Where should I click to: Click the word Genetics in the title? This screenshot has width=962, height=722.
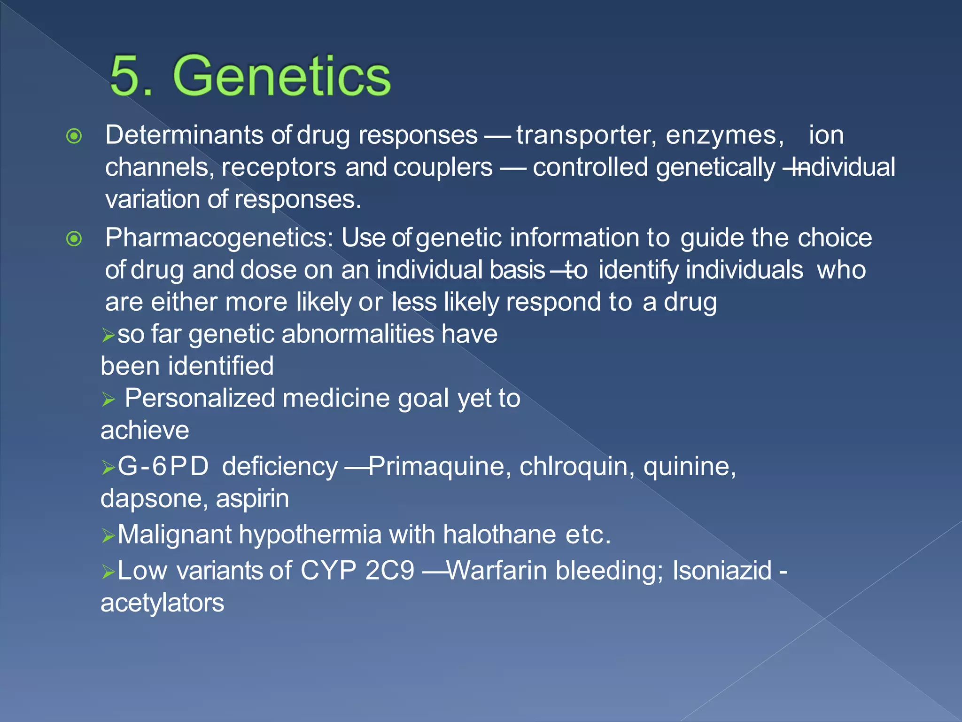[x=281, y=76]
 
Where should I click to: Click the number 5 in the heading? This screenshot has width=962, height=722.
[x=126, y=76]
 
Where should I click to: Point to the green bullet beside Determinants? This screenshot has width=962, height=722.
[x=74, y=137]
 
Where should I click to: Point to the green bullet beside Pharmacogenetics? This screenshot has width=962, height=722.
[x=74, y=239]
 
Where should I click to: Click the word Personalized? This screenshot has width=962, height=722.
[x=199, y=399]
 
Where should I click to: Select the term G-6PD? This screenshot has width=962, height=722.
[x=163, y=467]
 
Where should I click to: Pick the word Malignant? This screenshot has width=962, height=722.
[x=174, y=535]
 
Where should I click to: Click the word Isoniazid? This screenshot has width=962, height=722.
[x=722, y=571]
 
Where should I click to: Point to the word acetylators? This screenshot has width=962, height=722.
[x=163, y=604]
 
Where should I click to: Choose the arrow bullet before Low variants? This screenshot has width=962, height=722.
[x=108, y=572]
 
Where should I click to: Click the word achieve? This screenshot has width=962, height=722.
[x=145, y=431]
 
